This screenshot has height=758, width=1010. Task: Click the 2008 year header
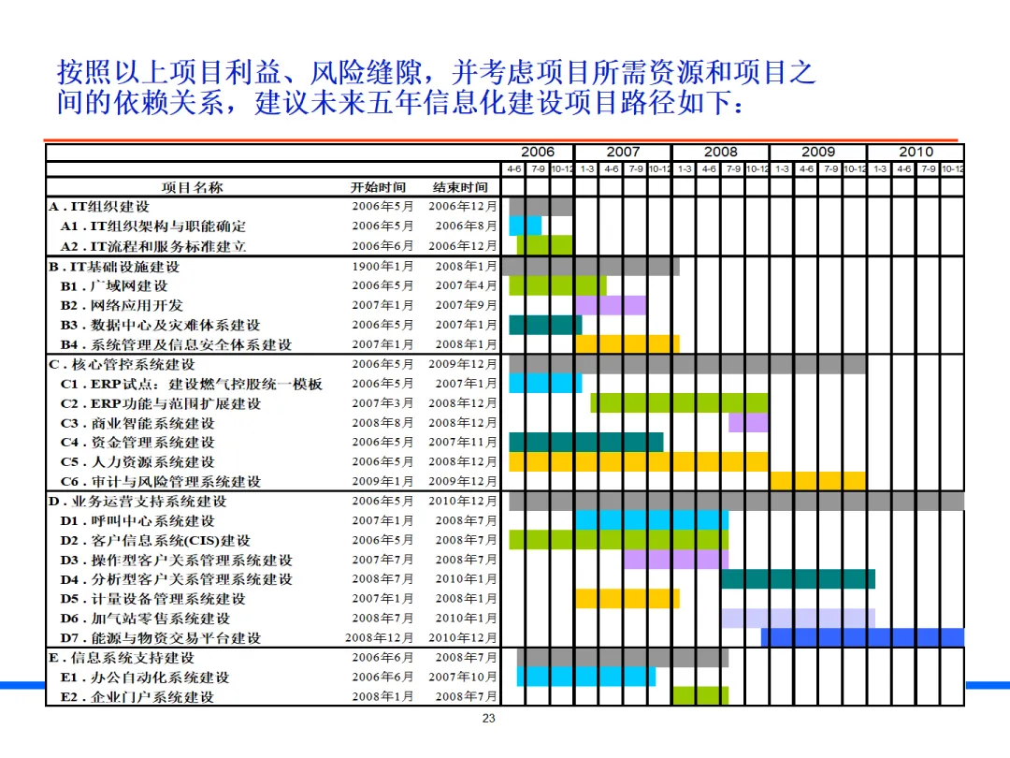(x=720, y=152)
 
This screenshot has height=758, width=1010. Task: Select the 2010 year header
(x=916, y=152)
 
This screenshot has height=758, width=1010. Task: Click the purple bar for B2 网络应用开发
(x=611, y=305)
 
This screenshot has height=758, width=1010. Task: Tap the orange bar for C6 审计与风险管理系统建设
(x=817, y=481)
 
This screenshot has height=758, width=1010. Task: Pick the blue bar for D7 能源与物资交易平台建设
(x=862, y=637)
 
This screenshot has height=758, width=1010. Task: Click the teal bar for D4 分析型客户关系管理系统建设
(x=798, y=579)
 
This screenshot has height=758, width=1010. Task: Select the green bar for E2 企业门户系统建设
(x=700, y=696)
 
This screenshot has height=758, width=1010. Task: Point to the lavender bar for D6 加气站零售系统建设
(x=798, y=618)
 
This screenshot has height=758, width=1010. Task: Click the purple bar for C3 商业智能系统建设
(x=748, y=423)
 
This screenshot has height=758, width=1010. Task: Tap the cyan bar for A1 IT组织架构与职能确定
(x=526, y=226)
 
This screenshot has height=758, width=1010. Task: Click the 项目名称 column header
(x=192, y=187)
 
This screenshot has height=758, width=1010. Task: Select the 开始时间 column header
(x=379, y=187)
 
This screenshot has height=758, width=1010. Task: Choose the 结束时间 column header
(x=460, y=187)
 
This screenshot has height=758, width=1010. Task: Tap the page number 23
(x=488, y=719)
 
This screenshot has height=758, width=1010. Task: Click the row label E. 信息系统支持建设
(x=122, y=657)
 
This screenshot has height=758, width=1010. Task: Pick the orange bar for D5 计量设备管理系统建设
(x=627, y=598)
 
